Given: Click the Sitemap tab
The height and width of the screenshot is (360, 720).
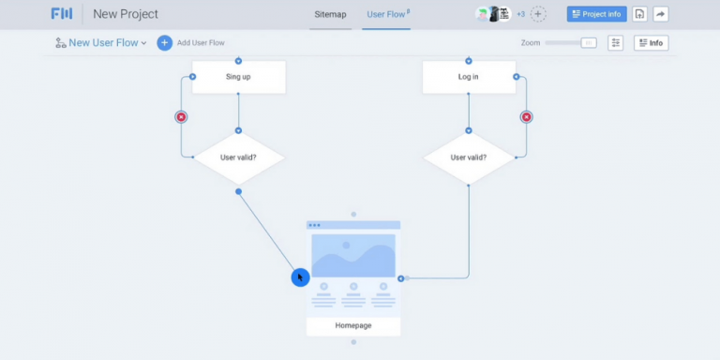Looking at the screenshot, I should click(330, 14).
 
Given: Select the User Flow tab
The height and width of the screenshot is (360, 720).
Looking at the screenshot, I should click(386, 14).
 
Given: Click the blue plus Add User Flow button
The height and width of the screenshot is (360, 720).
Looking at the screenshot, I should click(165, 43).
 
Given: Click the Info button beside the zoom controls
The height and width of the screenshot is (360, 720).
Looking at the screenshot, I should click(651, 43).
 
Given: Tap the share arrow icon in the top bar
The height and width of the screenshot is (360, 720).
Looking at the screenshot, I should click(660, 14).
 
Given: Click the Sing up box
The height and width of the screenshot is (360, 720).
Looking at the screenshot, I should click(238, 77).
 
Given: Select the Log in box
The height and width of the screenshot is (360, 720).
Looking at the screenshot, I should click(469, 77).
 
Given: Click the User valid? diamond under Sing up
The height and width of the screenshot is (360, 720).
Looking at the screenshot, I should click(238, 157).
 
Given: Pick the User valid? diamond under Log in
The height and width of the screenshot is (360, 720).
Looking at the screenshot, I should click(469, 157).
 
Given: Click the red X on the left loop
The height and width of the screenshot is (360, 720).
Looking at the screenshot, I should click(181, 117).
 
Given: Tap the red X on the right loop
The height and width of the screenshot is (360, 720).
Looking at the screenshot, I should click(526, 117).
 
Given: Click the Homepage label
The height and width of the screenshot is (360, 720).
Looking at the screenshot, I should click(353, 326).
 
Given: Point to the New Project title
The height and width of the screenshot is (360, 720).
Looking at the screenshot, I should click(126, 14).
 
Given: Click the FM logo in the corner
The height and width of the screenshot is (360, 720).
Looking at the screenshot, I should click(62, 14).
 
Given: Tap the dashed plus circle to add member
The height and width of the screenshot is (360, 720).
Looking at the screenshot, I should click(538, 14).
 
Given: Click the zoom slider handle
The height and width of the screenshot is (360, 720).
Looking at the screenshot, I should click(588, 43).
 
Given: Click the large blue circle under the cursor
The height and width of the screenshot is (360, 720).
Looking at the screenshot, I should click(300, 277).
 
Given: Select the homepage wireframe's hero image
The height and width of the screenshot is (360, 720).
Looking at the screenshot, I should click(353, 255).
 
